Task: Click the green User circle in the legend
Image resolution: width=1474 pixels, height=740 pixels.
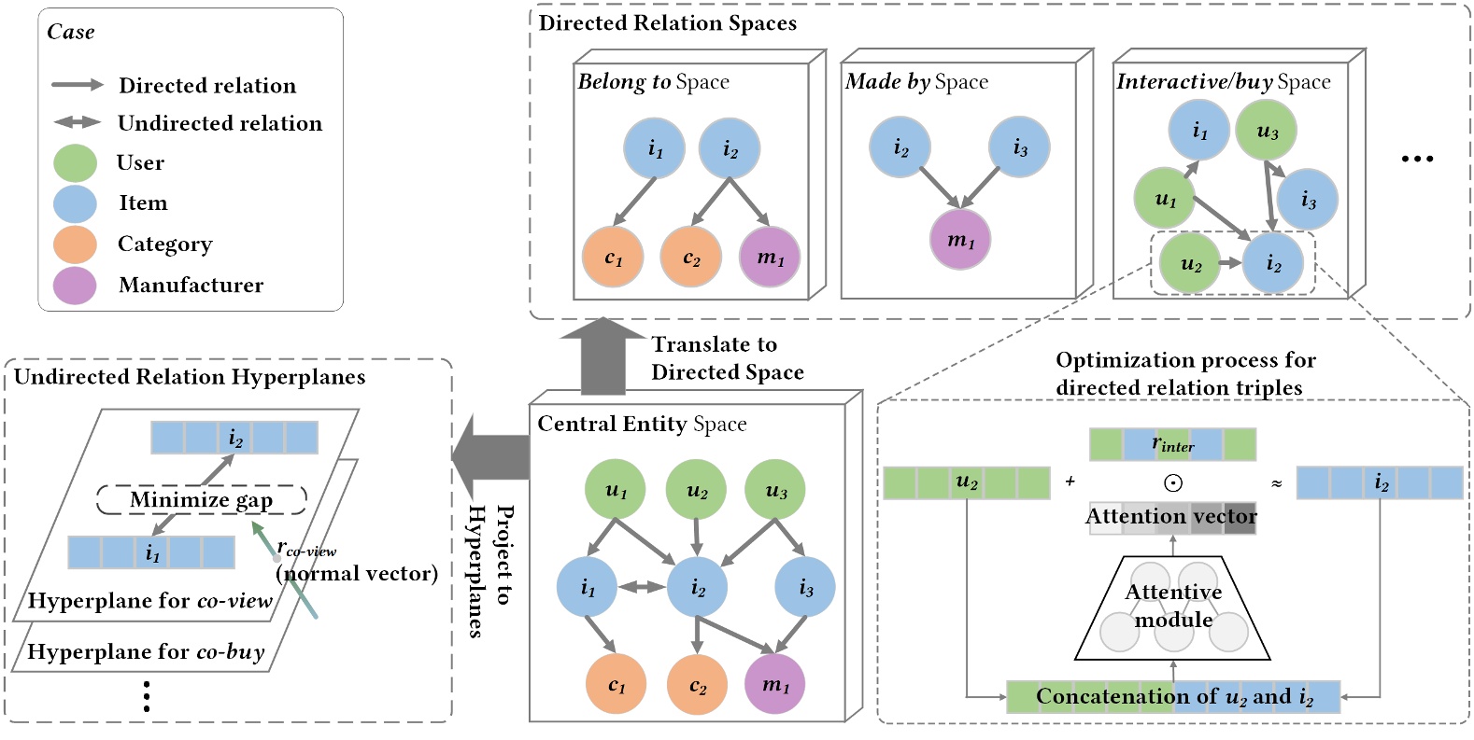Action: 76,162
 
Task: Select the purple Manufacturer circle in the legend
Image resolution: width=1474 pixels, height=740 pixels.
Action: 76,286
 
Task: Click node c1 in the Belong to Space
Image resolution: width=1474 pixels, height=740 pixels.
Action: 613,258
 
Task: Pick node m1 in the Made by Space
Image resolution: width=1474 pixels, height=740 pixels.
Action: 960,240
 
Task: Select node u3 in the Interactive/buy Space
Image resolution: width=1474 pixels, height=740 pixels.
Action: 1267,131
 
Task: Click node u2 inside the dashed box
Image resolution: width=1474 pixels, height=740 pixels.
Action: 1190,264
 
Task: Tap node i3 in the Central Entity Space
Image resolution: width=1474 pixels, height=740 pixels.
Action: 805,587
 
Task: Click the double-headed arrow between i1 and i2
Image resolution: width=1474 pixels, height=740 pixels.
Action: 642,587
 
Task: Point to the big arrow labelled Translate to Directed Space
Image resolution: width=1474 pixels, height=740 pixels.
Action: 603,356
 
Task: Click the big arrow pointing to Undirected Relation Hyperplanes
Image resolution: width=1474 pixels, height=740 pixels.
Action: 491,456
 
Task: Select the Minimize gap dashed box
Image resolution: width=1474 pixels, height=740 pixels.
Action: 202,500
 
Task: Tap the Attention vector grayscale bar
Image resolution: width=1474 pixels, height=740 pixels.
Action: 1172,517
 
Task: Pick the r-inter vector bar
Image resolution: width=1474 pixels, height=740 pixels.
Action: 1172,444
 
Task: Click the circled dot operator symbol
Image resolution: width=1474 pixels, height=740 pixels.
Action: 1173,482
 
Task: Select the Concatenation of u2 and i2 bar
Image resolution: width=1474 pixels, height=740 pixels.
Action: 1173,696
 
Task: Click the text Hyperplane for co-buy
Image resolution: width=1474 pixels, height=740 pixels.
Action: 146,651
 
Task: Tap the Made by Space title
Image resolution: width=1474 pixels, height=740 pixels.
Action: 916,82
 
